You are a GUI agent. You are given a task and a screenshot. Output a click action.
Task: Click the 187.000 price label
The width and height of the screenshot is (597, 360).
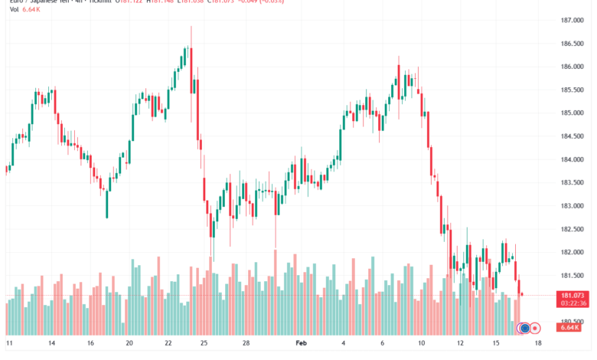pyautogui.click(x=572, y=20)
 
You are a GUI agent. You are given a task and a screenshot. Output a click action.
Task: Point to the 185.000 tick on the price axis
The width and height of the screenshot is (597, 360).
pyautogui.click(x=572, y=113)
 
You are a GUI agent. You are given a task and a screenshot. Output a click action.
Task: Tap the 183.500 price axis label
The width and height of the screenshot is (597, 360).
pyautogui.click(x=572, y=182)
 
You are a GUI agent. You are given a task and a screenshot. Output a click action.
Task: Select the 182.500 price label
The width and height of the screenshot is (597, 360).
pyautogui.click(x=572, y=229)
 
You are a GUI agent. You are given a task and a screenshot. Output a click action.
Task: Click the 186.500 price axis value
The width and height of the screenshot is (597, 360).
pyautogui.click(x=572, y=43)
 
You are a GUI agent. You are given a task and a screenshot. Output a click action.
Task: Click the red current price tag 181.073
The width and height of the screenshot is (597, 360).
pyautogui.click(x=573, y=295)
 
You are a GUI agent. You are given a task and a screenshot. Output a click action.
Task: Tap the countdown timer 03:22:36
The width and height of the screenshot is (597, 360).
pyautogui.click(x=573, y=303)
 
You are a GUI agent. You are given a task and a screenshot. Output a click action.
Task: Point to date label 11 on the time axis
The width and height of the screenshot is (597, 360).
pyautogui.click(x=10, y=344)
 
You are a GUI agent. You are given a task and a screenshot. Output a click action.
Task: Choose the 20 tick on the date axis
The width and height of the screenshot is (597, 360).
pyautogui.click(x=129, y=344)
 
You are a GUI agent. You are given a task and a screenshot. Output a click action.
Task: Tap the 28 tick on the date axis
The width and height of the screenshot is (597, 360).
pyautogui.click(x=246, y=344)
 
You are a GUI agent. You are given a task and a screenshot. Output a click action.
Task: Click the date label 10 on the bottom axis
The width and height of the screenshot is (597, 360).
pyautogui.click(x=420, y=344)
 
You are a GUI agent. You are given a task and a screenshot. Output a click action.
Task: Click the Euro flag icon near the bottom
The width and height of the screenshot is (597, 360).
pyautogui.click(x=524, y=328)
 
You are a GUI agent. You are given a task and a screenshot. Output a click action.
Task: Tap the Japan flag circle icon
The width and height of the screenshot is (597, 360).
pyautogui.click(x=536, y=328)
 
